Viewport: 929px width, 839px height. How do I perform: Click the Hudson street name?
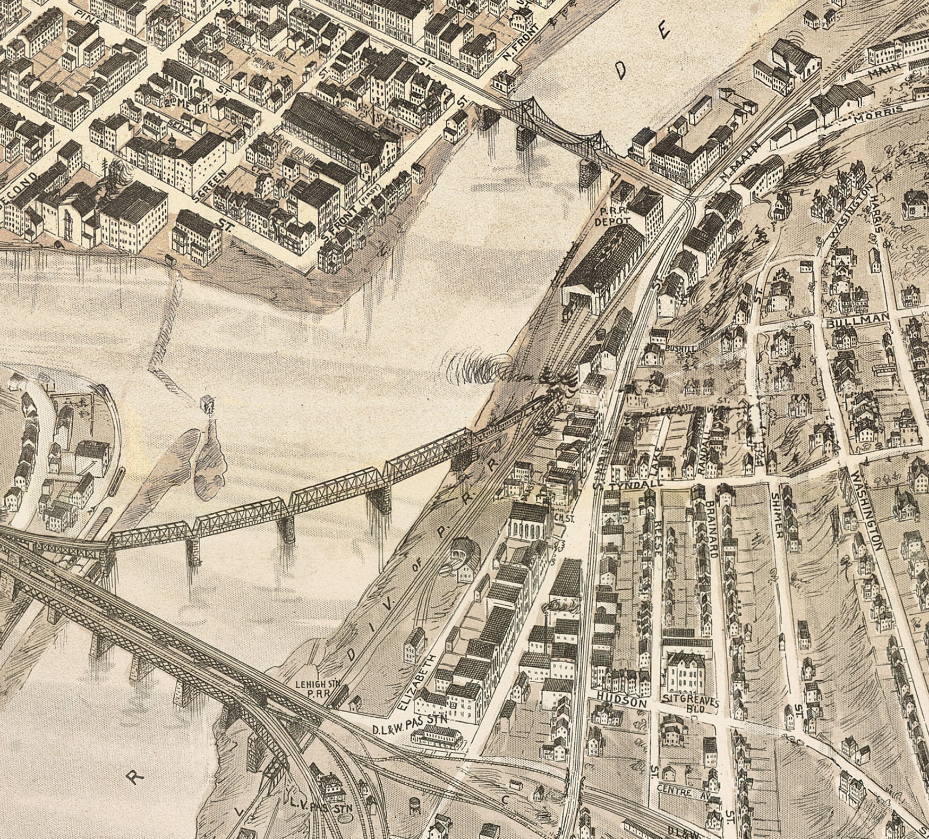click(x=621, y=702)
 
